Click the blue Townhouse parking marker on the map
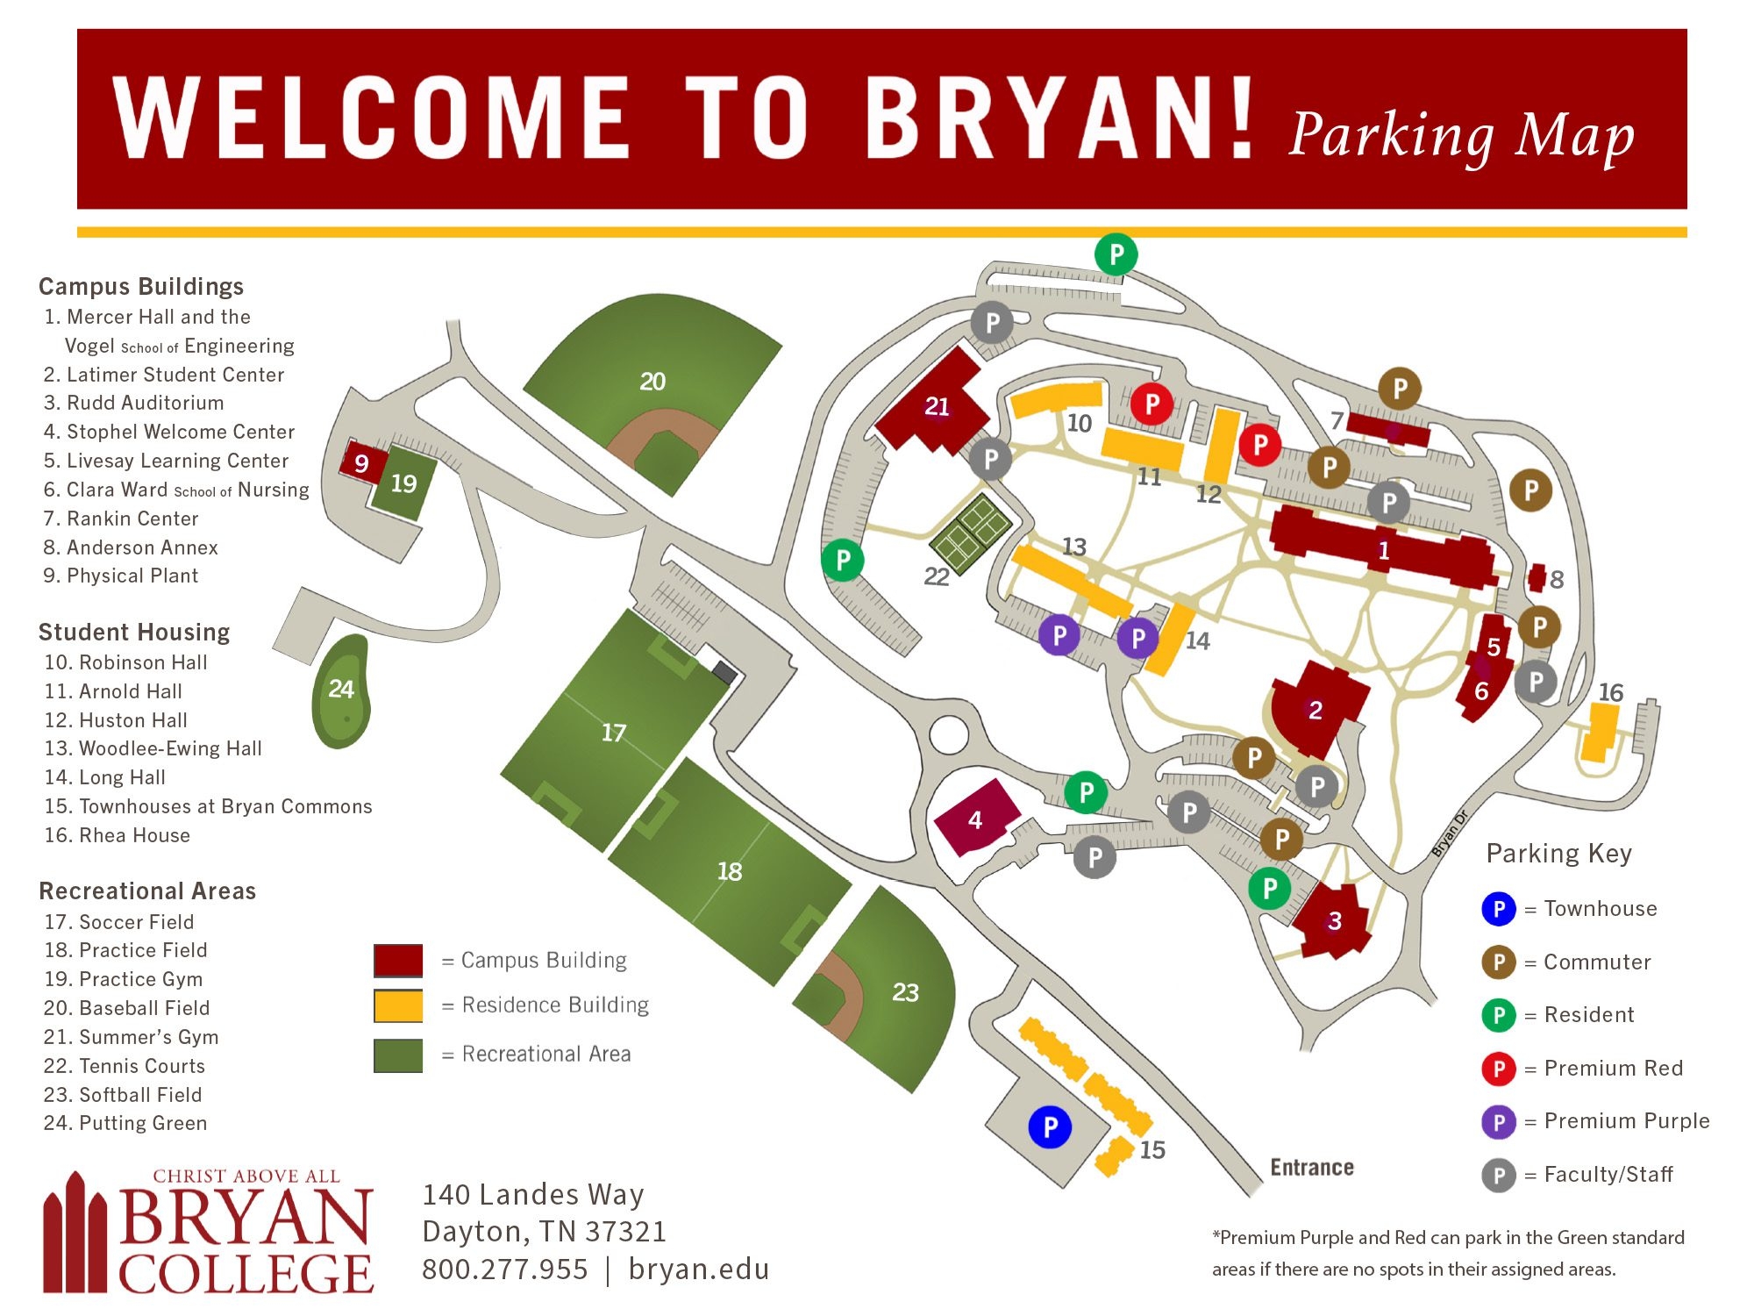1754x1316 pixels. (x=1050, y=1126)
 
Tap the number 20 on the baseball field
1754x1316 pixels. (x=652, y=382)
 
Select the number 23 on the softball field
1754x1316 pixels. (x=905, y=992)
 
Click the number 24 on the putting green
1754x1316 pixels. (x=341, y=689)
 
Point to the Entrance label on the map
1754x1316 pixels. (x=1312, y=1168)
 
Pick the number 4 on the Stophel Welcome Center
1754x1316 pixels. (x=975, y=820)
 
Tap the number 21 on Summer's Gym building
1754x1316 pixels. (x=937, y=406)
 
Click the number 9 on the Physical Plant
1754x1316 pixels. (x=361, y=463)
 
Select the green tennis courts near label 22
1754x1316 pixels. (x=971, y=533)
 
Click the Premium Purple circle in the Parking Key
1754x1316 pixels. (x=1499, y=1121)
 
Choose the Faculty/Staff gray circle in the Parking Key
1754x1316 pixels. (x=1499, y=1175)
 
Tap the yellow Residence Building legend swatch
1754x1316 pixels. (x=398, y=1005)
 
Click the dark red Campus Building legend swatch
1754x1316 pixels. (x=398, y=960)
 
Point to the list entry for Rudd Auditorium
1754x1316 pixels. (x=134, y=403)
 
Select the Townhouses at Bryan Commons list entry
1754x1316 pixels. (x=209, y=806)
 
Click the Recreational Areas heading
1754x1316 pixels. (x=147, y=891)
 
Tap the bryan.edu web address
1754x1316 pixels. (x=699, y=1270)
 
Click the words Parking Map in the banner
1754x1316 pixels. (x=1462, y=136)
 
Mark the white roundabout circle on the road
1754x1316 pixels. (x=948, y=735)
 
